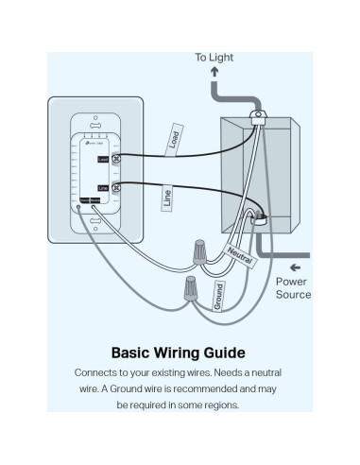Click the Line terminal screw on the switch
click(117, 188)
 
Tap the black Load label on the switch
click(102, 159)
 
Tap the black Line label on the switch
click(102, 188)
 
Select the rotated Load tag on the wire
click(174, 139)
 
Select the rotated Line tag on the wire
click(168, 198)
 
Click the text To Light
click(214, 58)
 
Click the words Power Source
click(293, 287)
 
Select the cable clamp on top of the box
click(256, 117)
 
